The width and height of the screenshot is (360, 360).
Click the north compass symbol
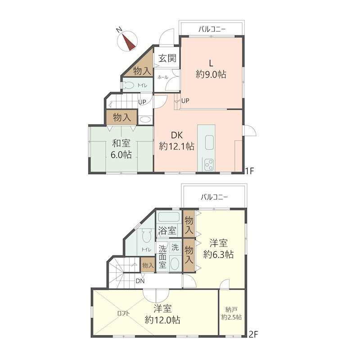coord(127,41)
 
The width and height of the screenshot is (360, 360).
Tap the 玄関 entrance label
coord(167,58)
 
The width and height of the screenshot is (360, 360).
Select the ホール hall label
coord(163,77)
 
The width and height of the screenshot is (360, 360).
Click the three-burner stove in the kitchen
coord(209,165)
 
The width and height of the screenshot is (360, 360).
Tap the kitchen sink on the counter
coord(209,142)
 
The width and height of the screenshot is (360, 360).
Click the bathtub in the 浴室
coord(168,217)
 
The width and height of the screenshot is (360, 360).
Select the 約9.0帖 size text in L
coord(211,74)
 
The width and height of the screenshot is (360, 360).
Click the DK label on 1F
coord(177,135)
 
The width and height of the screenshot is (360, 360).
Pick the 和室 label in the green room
coord(121,143)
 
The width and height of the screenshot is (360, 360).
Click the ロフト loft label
coord(123,313)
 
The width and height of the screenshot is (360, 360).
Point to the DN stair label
coord(140,281)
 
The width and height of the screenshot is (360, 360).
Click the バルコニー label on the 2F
coord(214,197)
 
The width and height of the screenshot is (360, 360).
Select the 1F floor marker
coord(249,171)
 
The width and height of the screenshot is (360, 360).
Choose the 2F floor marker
coord(253,334)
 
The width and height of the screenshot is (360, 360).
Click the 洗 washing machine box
coord(175,247)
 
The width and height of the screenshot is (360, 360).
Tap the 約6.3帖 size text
coord(218,254)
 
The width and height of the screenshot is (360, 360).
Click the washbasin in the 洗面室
coord(175,264)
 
